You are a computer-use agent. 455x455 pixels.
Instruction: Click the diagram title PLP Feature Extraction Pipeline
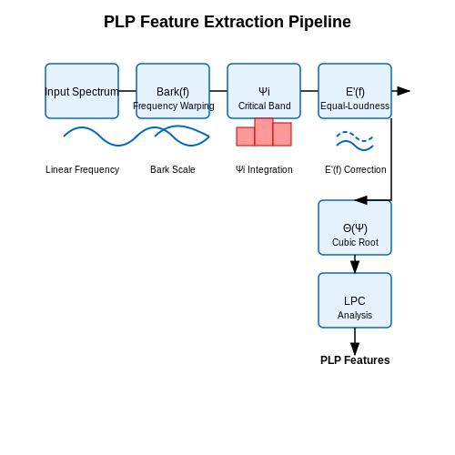tap(227, 22)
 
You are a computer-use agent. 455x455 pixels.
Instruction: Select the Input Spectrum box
tap(82, 91)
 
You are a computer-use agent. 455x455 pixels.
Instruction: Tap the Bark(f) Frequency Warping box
tap(173, 91)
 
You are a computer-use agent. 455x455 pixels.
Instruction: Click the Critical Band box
tap(264, 91)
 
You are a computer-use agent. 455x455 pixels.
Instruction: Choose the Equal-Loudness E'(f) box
tap(355, 91)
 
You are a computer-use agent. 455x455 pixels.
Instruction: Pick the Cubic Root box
tap(355, 227)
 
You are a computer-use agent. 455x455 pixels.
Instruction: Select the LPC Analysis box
tap(355, 300)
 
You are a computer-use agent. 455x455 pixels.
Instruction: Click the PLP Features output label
tap(355, 360)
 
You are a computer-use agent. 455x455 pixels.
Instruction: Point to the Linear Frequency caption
tap(82, 169)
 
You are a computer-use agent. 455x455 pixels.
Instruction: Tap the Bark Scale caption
tap(173, 169)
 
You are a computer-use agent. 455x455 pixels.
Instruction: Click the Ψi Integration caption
tap(264, 169)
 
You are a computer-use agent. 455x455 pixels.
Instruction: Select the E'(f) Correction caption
tap(356, 169)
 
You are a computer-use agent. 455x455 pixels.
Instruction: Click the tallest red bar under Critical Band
tap(264, 132)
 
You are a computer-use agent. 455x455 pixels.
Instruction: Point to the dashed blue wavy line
tap(355, 136)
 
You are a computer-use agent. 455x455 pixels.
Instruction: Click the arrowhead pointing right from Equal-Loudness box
tap(403, 91)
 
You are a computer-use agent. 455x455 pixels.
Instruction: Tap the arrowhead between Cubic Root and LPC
tap(355, 267)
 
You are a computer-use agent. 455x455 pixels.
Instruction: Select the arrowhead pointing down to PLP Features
tap(355, 349)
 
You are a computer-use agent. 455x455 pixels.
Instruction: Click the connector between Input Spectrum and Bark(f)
tap(127, 91)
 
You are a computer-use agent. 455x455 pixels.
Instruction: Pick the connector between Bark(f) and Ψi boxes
tap(218, 91)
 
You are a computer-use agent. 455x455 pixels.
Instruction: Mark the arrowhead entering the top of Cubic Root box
tap(361, 200)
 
